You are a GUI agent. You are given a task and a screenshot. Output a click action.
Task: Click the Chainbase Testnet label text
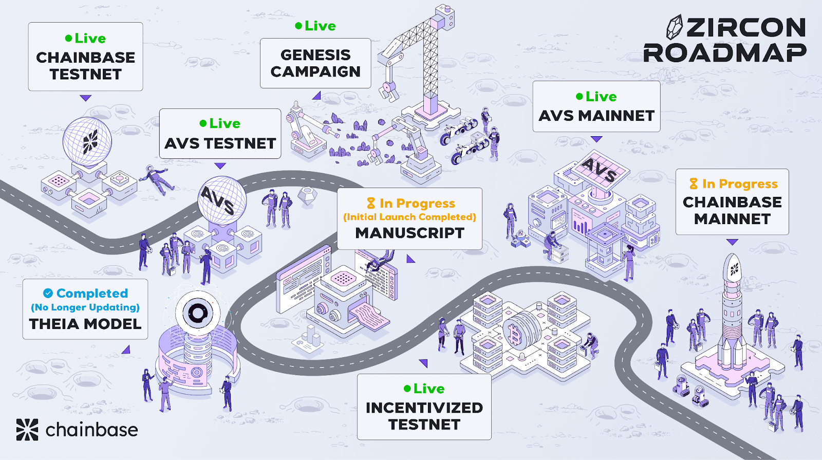[x=85, y=66]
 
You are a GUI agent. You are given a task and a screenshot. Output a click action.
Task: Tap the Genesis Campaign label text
[x=315, y=63]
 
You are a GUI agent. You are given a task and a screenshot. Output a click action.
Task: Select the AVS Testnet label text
[x=220, y=143]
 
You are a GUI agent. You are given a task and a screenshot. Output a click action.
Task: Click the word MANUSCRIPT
[x=410, y=233]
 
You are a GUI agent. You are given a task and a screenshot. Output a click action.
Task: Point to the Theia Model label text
[x=85, y=324]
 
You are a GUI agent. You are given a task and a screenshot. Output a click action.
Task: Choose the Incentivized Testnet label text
[x=424, y=416]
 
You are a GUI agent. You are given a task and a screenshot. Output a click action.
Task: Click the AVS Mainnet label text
[x=596, y=116]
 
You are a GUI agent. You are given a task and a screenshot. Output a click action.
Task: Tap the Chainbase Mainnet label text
[x=732, y=210]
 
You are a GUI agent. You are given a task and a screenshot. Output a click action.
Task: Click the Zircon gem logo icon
[x=675, y=27]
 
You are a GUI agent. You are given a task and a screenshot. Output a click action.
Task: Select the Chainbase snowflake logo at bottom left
[x=27, y=430]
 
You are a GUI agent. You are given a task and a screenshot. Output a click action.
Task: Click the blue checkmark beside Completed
[x=48, y=293]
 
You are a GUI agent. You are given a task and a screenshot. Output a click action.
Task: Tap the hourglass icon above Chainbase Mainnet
[x=693, y=183]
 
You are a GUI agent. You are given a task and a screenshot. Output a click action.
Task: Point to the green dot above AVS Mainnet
[x=579, y=97]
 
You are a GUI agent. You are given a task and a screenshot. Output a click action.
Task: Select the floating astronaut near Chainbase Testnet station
[x=157, y=180]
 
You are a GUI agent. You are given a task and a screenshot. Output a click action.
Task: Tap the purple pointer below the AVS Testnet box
[x=220, y=166]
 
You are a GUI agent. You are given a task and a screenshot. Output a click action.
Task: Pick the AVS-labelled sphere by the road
[x=222, y=200]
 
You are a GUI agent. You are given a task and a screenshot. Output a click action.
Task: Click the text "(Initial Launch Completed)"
[x=409, y=217]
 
